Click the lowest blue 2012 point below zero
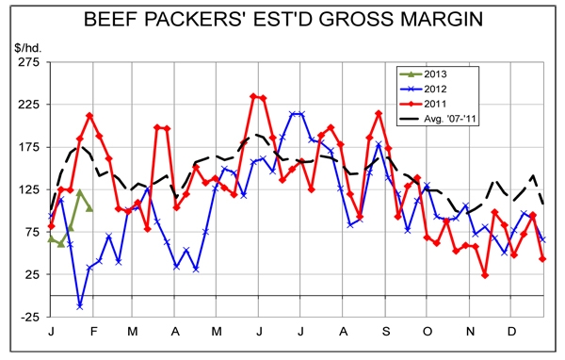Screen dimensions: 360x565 (x=80, y=306)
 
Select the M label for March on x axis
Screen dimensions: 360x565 (x=132, y=333)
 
